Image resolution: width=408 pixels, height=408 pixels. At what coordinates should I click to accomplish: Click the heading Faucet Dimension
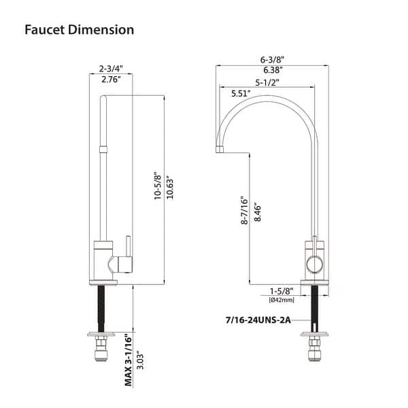79,30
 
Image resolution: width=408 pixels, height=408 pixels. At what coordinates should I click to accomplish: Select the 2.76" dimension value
110,80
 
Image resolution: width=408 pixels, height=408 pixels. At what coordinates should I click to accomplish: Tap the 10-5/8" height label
157,186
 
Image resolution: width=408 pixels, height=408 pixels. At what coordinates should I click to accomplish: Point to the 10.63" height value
171,186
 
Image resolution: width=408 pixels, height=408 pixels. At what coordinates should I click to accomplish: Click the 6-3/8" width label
271,58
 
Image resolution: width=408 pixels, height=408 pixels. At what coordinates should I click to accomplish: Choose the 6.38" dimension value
271,69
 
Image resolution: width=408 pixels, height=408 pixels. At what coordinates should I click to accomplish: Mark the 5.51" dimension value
241,92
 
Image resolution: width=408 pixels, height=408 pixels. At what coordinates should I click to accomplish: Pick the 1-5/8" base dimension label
282,290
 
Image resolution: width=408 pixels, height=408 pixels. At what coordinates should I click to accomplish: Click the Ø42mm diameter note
282,299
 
